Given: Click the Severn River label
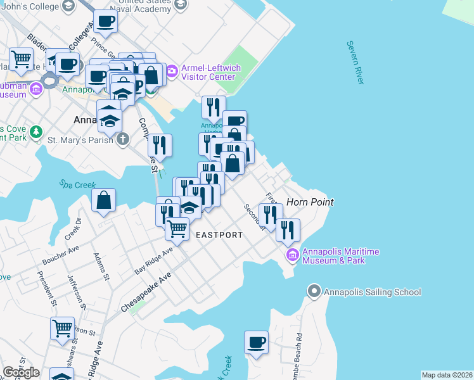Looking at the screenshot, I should point(355,62).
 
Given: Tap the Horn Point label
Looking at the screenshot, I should point(310,202).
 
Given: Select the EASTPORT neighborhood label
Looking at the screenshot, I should point(219,235).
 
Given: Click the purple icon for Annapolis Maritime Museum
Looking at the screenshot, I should point(292,255).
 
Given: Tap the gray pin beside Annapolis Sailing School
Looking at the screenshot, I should point(314,291).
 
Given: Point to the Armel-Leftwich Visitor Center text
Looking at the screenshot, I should point(208,72).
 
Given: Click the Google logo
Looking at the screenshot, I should point(21,372).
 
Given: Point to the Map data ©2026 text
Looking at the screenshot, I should point(447,375).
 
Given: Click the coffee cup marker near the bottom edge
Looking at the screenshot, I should point(257,343).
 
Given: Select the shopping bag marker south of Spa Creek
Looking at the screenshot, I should point(103,201).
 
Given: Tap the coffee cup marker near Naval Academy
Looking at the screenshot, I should point(105,22).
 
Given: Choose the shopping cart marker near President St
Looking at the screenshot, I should point(62,329).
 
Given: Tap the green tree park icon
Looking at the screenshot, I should point(37,132).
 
